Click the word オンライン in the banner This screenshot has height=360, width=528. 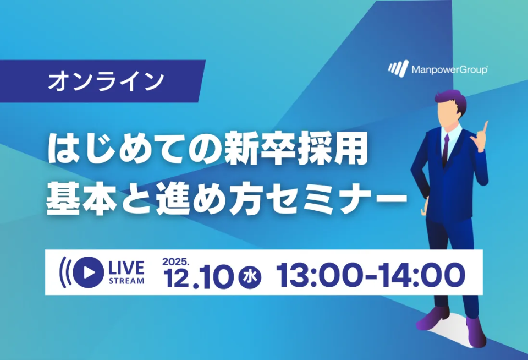106,81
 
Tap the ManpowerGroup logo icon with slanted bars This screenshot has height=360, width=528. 398,68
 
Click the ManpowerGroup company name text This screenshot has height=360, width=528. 449,70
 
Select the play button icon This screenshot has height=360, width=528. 88,272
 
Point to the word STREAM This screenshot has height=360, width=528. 127,281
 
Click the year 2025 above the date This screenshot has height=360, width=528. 175,261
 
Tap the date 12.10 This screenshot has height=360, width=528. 198,277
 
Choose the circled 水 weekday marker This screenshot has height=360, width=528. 250,277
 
